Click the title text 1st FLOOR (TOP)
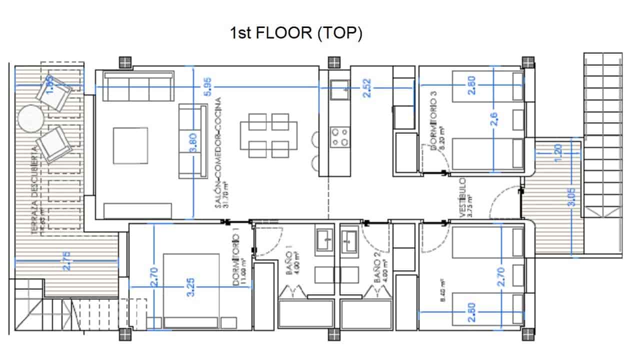click(x=295, y=33)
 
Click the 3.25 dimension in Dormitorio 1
click(x=190, y=286)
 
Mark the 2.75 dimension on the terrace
click(x=67, y=260)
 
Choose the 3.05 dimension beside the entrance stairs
click(x=572, y=196)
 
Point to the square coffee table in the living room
click(x=130, y=145)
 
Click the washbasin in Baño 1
click(x=323, y=240)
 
